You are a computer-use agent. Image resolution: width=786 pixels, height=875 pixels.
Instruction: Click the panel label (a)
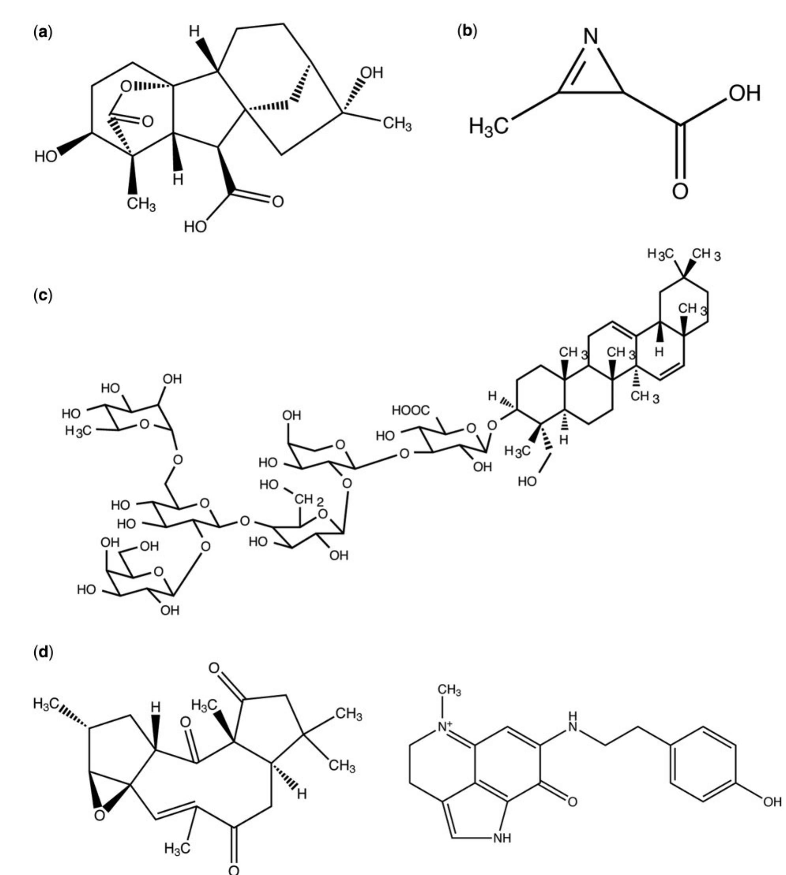pyautogui.click(x=43, y=33)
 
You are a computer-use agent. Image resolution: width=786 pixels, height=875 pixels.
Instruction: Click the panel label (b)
pyautogui.click(x=467, y=32)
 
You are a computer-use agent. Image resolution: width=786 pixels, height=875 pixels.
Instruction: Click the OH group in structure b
pyautogui.click(x=745, y=93)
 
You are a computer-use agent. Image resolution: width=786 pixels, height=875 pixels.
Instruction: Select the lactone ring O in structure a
pyautogui.click(x=126, y=87)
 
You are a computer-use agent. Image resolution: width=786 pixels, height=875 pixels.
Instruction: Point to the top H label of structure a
pyautogui.click(x=195, y=31)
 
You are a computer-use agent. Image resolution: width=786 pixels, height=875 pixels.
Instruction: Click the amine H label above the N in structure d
pyautogui.click(x=573, y=716)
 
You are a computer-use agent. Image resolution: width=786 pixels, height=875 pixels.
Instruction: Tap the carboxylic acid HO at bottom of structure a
pyautogui.click(x=196, y=226)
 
